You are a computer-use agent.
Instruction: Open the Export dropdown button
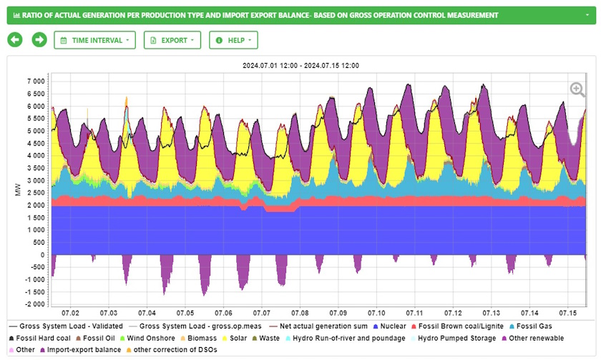click(172, 40)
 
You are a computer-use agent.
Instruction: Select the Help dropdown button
click(233, 40)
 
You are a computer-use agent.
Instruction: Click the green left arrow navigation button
click(15, 40)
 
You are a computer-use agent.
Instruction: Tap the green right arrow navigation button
click(39, 40)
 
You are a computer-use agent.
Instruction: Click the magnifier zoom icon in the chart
click(577, 89)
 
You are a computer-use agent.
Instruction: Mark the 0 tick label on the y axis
click(44, 255)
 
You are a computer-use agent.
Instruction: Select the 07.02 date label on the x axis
click(70, 313)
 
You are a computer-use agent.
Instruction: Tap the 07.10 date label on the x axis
click(376, 313)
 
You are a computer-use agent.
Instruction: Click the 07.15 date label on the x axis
click(568, 313)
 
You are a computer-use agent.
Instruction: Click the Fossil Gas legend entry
click(537, 326)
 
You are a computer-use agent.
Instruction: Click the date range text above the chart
click(300, 65)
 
